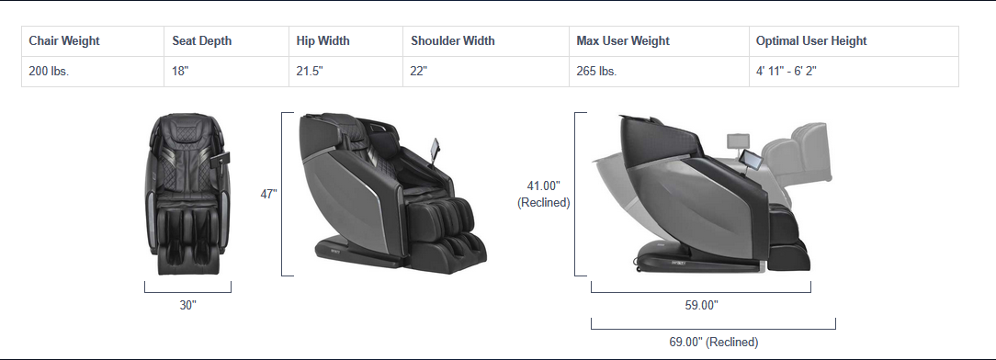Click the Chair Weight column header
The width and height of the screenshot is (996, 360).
[x=64, y=40]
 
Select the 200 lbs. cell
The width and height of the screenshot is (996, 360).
[x=49, y=71]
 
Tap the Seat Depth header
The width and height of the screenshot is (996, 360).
[x=202, y=40]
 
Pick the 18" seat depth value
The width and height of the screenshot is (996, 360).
[x=180, y=71]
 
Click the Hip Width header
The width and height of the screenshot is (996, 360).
[x=323, y=40]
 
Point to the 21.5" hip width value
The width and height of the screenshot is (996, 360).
[x=310, y=71]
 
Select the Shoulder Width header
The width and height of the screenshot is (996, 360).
[x=453, y=40]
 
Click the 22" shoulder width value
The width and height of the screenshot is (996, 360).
[x=419, y=71]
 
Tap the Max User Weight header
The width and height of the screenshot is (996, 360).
[x=623, y=40]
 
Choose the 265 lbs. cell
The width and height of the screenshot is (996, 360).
[x=596, y=71]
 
